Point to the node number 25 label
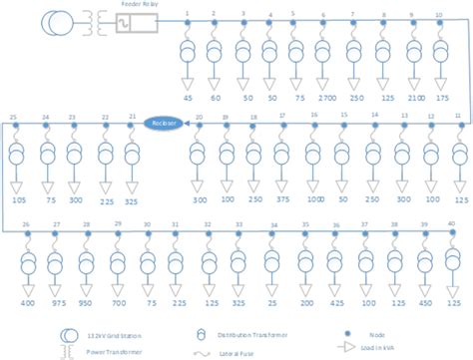coord(14,118)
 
